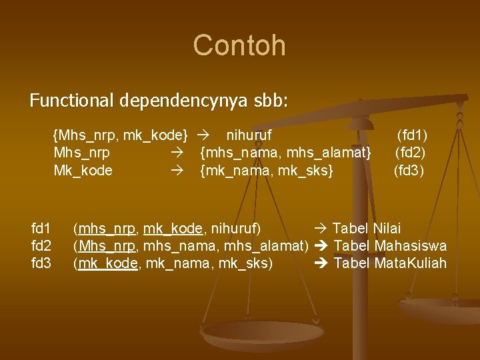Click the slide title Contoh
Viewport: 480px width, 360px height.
click(239, 45)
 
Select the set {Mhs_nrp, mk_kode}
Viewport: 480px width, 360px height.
click(120, 135)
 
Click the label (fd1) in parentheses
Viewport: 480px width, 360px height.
click(412, 135)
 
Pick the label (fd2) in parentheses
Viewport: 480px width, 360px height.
click(411, 152)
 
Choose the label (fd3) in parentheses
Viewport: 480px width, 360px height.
click(409, 170)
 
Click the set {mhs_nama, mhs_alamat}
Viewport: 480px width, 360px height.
click(286, 152)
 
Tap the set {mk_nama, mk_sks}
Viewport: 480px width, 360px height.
click(267, 170)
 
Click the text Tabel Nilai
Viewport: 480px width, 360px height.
click(367, 229)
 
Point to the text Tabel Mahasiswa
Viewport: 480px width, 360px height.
click(390, 246)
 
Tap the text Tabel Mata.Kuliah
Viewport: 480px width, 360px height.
click(390, 263)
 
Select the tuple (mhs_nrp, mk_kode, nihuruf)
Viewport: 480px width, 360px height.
click(167, 229)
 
